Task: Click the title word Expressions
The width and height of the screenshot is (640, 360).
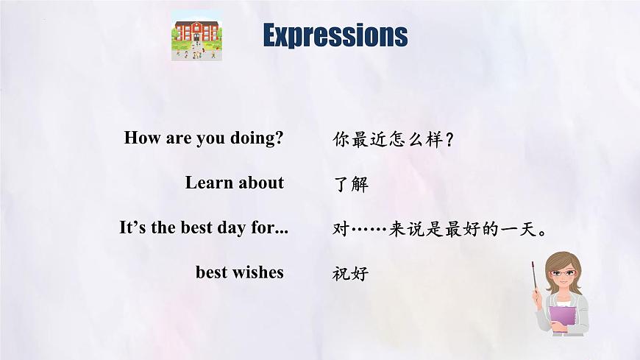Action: point(335,35)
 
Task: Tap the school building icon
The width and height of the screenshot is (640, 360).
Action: point(196,35)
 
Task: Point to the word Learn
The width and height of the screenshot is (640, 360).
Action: point(209,183)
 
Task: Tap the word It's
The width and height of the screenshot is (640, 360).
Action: point(133,227)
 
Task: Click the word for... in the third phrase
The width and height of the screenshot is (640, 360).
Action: point(269,227)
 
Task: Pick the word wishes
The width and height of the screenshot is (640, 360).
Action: point(257,272)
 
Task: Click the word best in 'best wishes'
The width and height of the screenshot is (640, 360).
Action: point(212,272)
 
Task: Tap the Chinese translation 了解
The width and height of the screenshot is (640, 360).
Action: point(350,184)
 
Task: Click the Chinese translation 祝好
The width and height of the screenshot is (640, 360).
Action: point(350,274)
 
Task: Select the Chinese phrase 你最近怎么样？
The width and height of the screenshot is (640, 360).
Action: point(394,139)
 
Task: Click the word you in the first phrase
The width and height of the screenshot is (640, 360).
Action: point(210,138)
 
